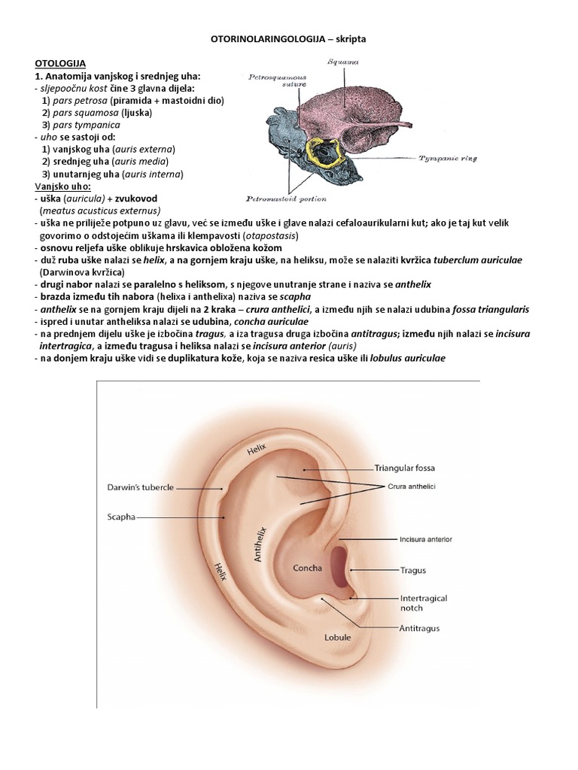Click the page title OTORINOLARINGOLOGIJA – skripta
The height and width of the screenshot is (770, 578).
tap(288, 37)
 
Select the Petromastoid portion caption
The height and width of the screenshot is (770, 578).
tap(287, 199)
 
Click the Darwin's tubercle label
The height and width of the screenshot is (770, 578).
tap(139, 488)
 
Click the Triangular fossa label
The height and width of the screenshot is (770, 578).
tap(404, 468)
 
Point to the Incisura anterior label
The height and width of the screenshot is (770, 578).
tap(425, 539)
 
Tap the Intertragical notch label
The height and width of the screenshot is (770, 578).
tap(423, 603)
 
